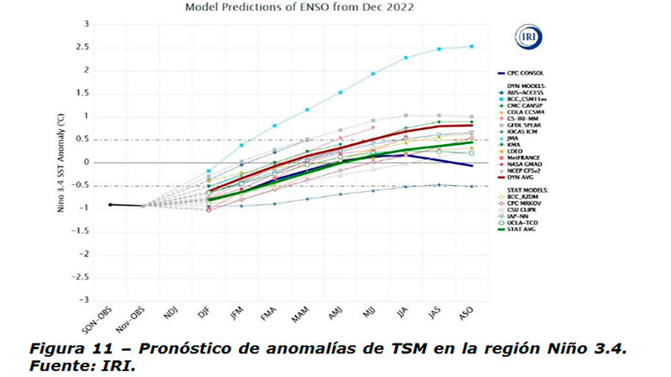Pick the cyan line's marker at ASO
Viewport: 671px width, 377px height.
point(471,46)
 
